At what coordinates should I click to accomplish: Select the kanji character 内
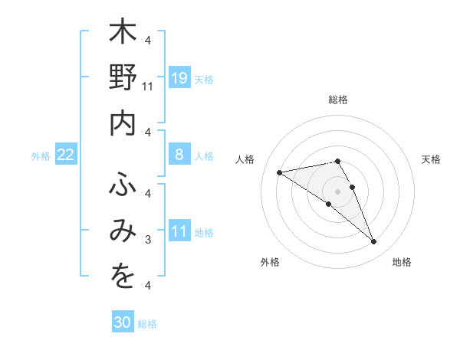pyautogui.click(x=123, y=123)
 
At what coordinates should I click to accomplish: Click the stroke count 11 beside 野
pyautogui.click(x=149, y=87)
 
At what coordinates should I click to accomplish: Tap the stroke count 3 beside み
pyautogui.click(x=149, y=240)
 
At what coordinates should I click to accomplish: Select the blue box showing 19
pyautogui.click(x=179, y=77)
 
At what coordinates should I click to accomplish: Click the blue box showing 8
pyautogui.click(x=179, y=155)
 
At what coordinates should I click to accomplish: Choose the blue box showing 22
pyautogui.click(x=66, y=155)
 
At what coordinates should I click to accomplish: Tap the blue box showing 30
pyautogui.click(x=123, y=322)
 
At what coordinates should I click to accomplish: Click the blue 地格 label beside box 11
pyautogui.click(x=204, y=232)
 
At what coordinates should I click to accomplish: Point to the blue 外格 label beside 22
pyautogui.click(x=41, y=155)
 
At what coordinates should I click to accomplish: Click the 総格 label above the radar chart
pyautogui.click(x=337, y=100)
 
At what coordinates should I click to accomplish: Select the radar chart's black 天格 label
pyautogui.click(x=431, y=159)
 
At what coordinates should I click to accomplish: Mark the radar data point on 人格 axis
pyautogui.click(x=280, y=172)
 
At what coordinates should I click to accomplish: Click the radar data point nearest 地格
pyautogui.click(x=373, y=241)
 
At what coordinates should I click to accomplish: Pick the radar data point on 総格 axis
pyautogui.click(x=337, y=161)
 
